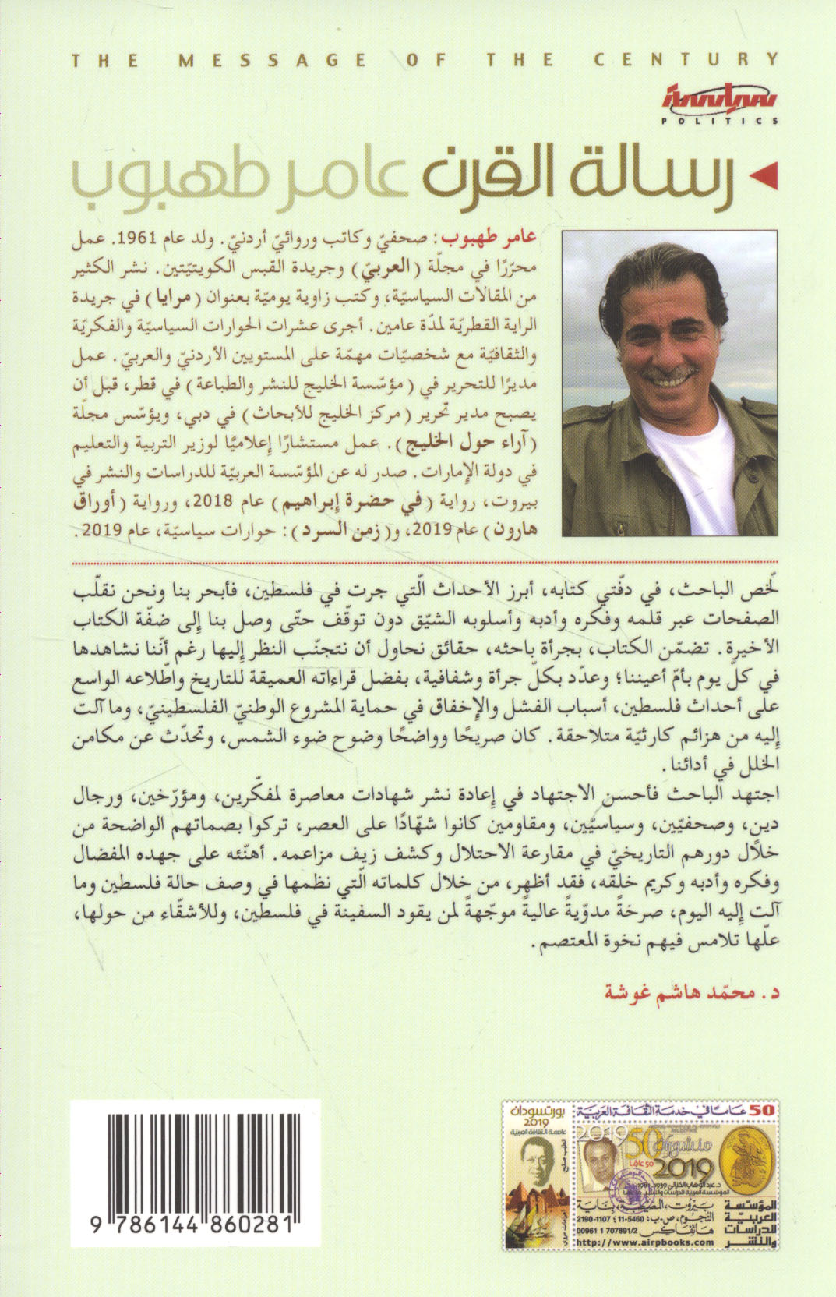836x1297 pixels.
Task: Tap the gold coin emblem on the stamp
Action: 750,1168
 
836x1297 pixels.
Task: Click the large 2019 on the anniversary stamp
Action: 678,1168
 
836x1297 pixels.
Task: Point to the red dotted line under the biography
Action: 421,560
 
